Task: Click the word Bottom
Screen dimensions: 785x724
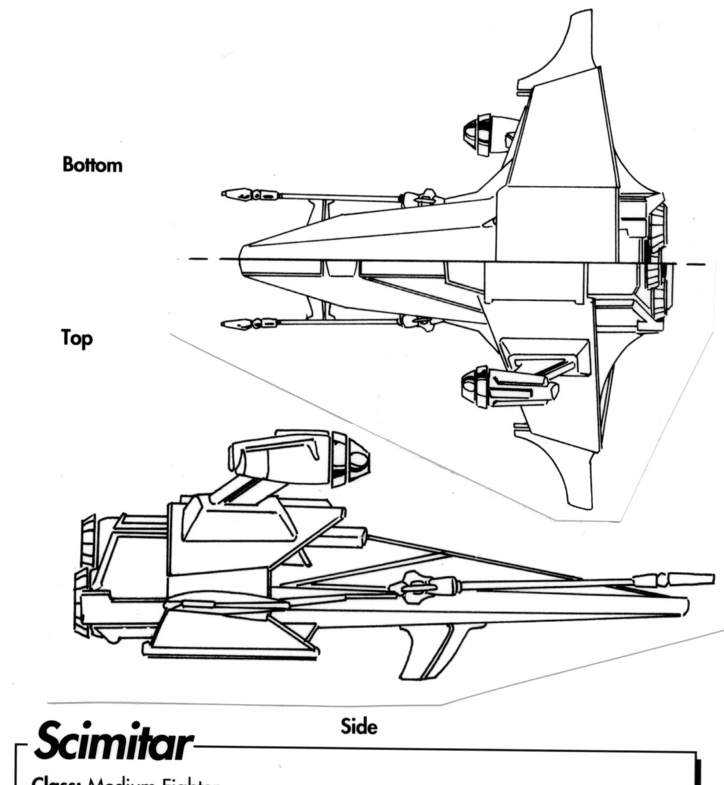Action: click(x=92, y=165)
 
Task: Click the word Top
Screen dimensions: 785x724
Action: click(x=77, y=338)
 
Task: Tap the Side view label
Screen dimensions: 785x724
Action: click(x=359, y=726)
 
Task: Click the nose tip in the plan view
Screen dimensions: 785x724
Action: click(x=241, y=258)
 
